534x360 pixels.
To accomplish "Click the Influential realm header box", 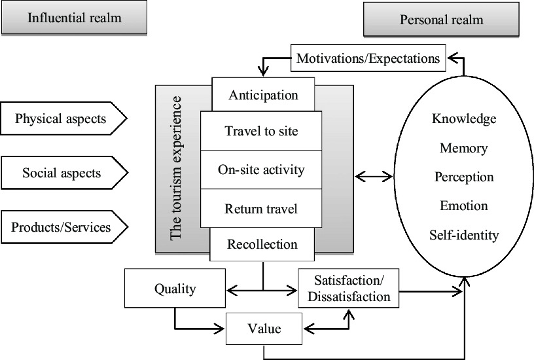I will pyautogui.click(x=74, y=18).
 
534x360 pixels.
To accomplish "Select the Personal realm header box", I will pyautogui.click(x=441, y=20).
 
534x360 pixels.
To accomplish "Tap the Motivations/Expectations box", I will pyautogui.click(x=368, y=58).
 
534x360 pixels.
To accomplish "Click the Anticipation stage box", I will pyautogui.click(x=263, y=95).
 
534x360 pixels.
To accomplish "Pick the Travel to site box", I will pyautogui.click(x=261, y=131).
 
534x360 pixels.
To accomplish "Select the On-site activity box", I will pyautogui.click(x=261, y=170).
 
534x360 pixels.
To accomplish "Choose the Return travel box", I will pyautogui.click(x=261, y=209).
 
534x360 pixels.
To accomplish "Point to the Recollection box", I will pyautogui.click(x=262, y=245).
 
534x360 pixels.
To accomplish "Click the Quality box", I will pyautogui.click(x=175, y=288).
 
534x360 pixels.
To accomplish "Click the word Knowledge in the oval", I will pyautogui.click(x=464, y=119).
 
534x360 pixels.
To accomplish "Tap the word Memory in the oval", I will pyautogui.click(x=464, y=148).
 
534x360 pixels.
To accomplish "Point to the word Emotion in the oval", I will pyautogui.click(x=464, y=206).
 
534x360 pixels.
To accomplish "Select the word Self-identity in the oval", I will pyautogui.click(x=464, y=234).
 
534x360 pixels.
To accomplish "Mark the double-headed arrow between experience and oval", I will pyautogui.click(x=373, y=175).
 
